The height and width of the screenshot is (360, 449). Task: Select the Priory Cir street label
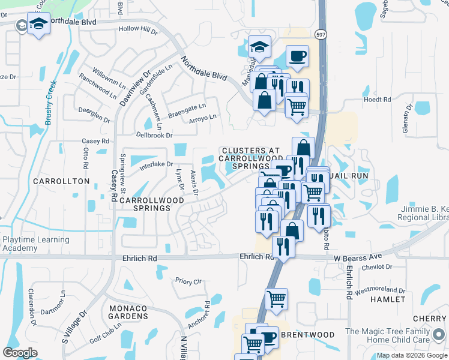[188, 280]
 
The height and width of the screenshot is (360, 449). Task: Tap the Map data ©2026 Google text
[411, 355]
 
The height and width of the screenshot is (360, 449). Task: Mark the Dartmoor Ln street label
[62, 304]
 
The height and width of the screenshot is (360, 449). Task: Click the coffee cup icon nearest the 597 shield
[297, 56]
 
